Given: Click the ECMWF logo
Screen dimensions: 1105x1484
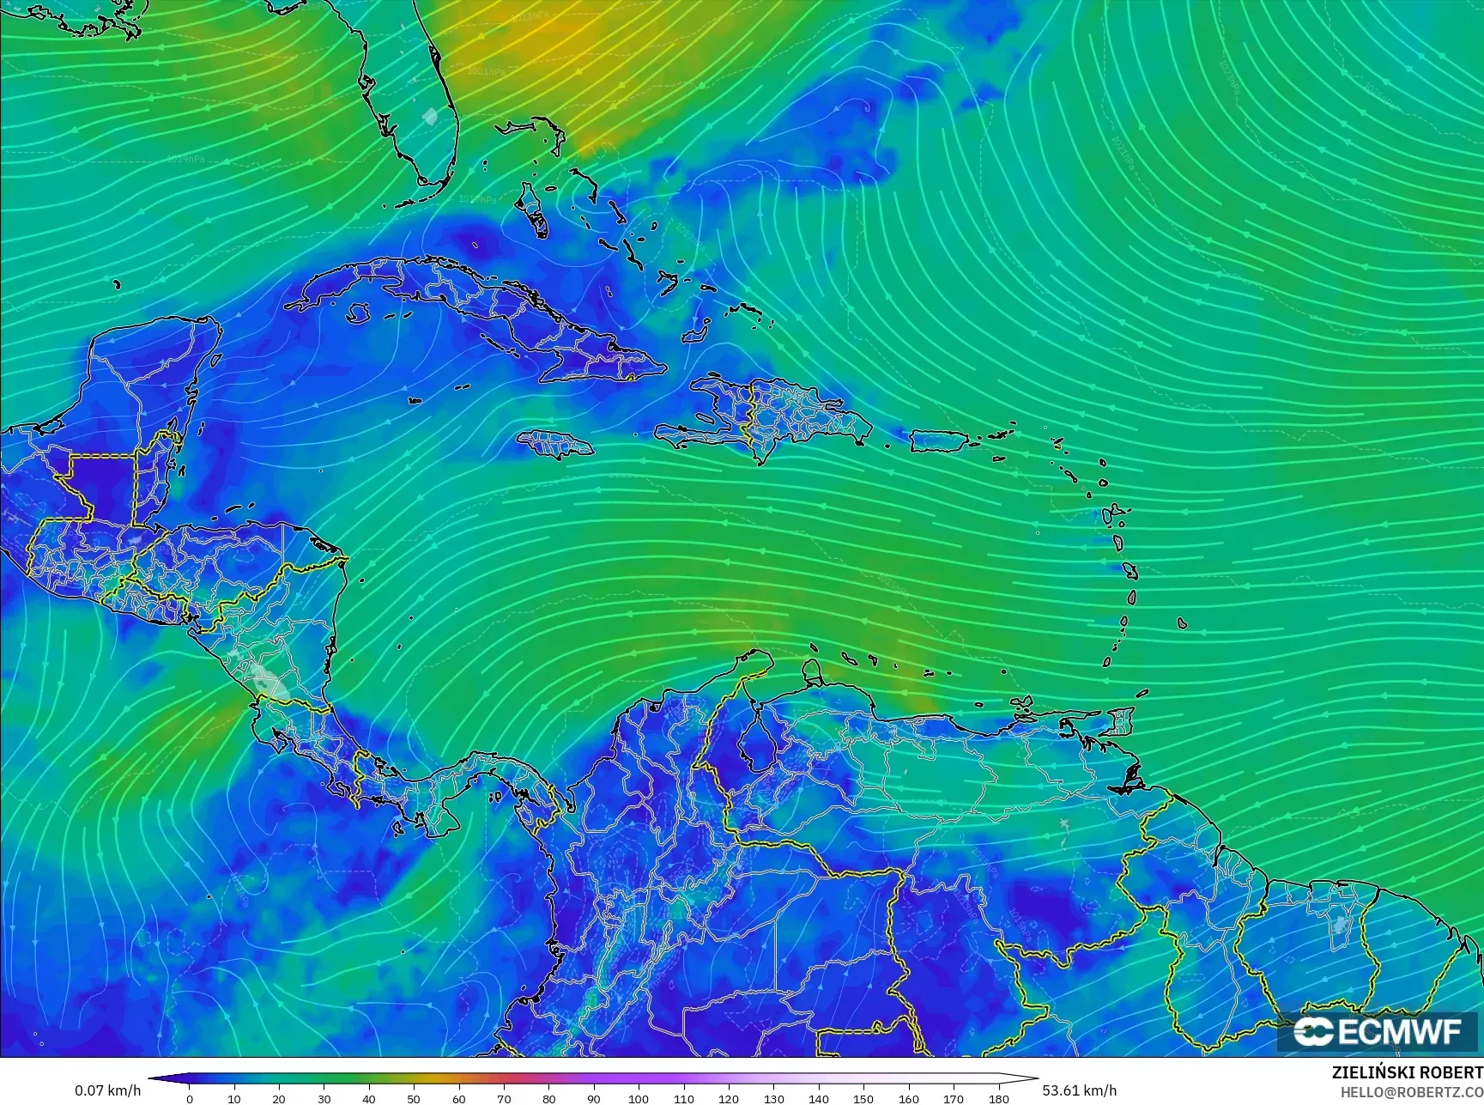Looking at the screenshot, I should pyautogui.click(x=1378, y=1031).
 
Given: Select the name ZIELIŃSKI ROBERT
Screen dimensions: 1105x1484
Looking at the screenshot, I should pyautogui.click(x=1406, y=1072).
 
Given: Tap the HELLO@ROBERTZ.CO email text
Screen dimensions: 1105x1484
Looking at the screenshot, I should pyautogui.click(x=1412, y=1092).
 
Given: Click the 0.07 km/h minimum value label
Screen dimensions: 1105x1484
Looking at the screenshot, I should pyautogui.click(x=107, y=1090).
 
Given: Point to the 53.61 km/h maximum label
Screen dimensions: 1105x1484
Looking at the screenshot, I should pyautogui.click(x=1080, y=1090).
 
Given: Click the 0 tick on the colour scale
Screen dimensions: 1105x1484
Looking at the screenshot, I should pyautogui.click(x=190, y=1098).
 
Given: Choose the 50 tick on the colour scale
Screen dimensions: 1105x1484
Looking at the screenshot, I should pyautogui.click(x=414, y=1098).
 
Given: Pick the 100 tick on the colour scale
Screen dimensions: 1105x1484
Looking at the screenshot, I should pyautogui.click(x=639, y=1098).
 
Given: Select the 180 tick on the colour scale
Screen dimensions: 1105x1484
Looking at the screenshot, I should pyautogui.click(x=998, y=1098).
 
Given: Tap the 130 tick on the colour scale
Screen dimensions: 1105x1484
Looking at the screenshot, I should pyautogui.click(x=773, y=1098).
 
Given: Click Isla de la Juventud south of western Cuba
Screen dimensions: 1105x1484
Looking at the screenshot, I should pyautogui.click(x=358, y=314).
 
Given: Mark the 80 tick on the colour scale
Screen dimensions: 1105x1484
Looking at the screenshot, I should pyautogui.click(x=549, y=1098).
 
